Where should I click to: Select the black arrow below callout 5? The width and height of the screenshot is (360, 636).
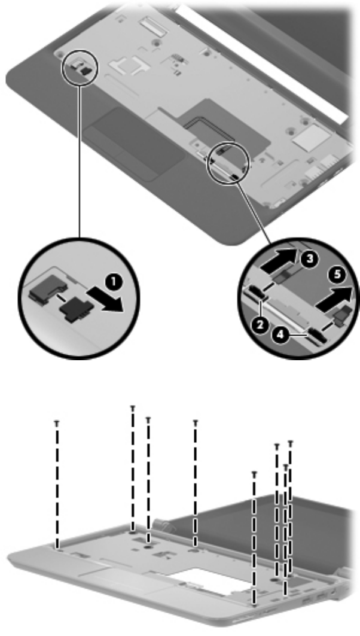[332, 300]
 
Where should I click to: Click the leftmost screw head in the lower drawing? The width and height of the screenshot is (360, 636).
[57, 422]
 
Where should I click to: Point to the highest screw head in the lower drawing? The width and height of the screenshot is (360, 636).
[132, 407]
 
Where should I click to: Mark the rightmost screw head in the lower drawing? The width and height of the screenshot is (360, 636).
[291, 443]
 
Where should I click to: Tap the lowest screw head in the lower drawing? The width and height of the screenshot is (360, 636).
[254, 473]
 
